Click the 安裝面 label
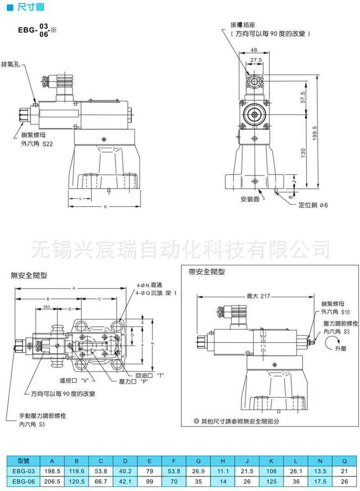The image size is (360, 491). point(250,198)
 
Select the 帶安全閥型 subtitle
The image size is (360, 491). point(207,272)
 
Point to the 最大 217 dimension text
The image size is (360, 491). point(258,296)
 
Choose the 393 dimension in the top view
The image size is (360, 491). point(46,306)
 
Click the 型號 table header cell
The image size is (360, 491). point(23,460)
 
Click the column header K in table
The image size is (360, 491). point(271,460)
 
